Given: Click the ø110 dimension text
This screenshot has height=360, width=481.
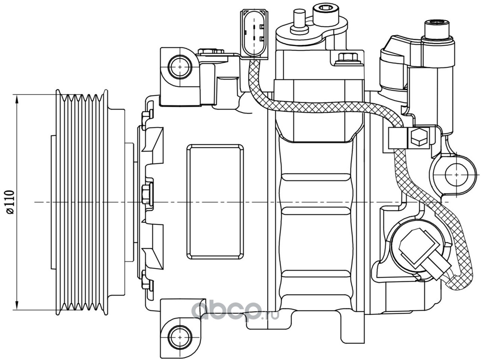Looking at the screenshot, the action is click(10, 202).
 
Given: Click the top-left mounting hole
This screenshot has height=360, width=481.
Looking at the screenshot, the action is click(180, 67).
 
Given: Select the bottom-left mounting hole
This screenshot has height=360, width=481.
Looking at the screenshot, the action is click(180, 337).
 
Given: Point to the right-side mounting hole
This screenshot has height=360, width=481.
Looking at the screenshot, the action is click(457, 175).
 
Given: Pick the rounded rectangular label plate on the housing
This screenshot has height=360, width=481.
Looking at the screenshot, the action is click(215, 202).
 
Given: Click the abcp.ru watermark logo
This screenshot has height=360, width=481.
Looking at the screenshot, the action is click(235, 312).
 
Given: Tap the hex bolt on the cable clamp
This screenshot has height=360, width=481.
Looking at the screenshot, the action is click(419, 138).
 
